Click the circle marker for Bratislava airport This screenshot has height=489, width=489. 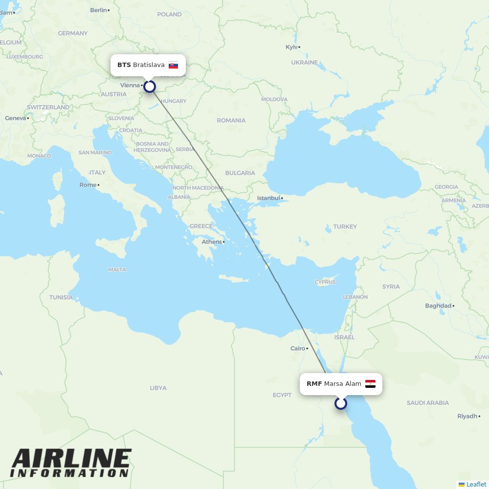[x=150, y=87]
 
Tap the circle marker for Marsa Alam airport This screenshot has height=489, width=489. [x=341, y=403]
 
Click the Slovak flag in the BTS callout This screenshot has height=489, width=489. [x=173, y=65]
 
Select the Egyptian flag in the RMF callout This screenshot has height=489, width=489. [x=370, y=384]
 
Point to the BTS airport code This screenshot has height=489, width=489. [x=124, y=65]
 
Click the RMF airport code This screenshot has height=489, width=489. [x=314, y=384]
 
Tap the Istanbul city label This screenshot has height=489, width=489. [x=269, y=198]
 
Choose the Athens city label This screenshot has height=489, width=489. [x=212, y=242]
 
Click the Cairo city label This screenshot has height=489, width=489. [x=298, y=349]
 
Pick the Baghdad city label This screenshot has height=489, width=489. [x=438, y=306]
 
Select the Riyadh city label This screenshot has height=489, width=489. [x=467, y=417]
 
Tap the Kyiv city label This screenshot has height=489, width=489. [x=291, y=47]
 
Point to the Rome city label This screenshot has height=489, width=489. [x=88, y=185]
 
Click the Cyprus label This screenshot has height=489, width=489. [x=325, y=282]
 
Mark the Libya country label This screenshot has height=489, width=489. [x=158, y=388]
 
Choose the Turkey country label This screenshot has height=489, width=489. [x=345, y=227]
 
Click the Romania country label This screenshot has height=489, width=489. [x=231, y=120]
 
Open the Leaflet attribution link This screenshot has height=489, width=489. [x=476, y=484]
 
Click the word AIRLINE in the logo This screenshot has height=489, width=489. [x=71, y=459]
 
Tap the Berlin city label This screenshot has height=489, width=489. [x=98, y=10]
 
